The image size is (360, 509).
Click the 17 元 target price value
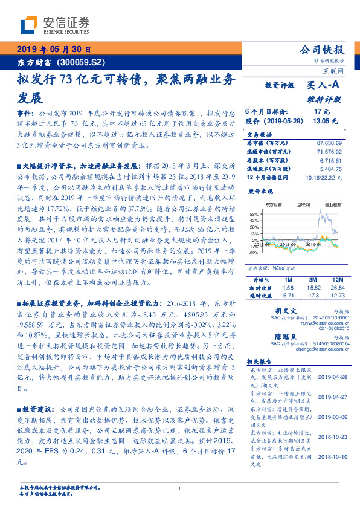coord(321,112)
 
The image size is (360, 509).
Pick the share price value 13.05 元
coord(321,121)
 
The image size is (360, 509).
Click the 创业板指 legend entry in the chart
coord(333,205)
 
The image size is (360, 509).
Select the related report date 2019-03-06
coord(332,417)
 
